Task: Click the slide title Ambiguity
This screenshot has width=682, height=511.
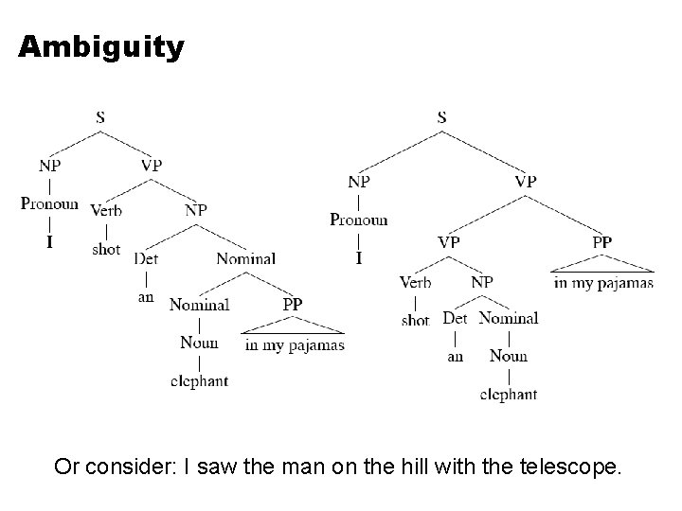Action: click(101, 46)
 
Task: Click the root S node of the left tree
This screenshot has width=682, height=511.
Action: click(100, 118)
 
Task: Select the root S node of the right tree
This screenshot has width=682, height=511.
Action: click(441, 118)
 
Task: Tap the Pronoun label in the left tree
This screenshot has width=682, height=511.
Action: click(50, 203)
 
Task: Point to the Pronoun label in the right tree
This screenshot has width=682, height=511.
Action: click(359, 220)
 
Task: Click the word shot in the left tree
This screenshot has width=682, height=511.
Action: click(106, 249)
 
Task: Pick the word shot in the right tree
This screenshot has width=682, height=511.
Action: click(415, 320)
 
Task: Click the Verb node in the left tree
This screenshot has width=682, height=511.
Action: click(106, 210)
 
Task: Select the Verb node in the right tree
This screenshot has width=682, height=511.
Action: click(415, 282)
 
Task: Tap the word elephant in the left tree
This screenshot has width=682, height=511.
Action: click(199, 380)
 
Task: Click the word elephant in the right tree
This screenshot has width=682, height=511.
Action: click(509, 394)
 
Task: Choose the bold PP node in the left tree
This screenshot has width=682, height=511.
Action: click(292, 305)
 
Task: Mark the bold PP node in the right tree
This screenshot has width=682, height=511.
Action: click(602, 243)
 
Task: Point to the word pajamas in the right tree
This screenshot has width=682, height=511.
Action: click(626, 282)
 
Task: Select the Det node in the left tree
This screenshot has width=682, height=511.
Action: click(146, 257)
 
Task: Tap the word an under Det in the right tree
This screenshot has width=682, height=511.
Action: click(456, 357)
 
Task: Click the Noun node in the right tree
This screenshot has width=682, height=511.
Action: click(509, 356)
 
